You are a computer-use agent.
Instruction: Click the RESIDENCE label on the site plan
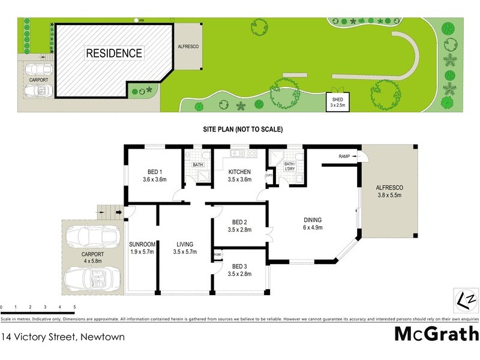pos(115,53)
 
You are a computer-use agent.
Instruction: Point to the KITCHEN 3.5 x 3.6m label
pos(239,175)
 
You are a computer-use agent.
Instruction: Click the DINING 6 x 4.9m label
pos(313,224)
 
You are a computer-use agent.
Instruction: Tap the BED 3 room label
pos(240,270)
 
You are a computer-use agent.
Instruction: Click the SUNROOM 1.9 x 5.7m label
pos(143,247)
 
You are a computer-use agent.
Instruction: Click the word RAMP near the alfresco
pos(344,157)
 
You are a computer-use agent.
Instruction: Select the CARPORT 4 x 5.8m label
pos(93,257)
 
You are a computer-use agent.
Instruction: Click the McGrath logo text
pos(436,334)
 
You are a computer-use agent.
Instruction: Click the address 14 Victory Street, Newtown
pos(63,337)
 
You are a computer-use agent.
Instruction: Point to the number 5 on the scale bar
pos(74,307)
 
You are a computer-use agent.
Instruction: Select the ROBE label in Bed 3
pos(217,255)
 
